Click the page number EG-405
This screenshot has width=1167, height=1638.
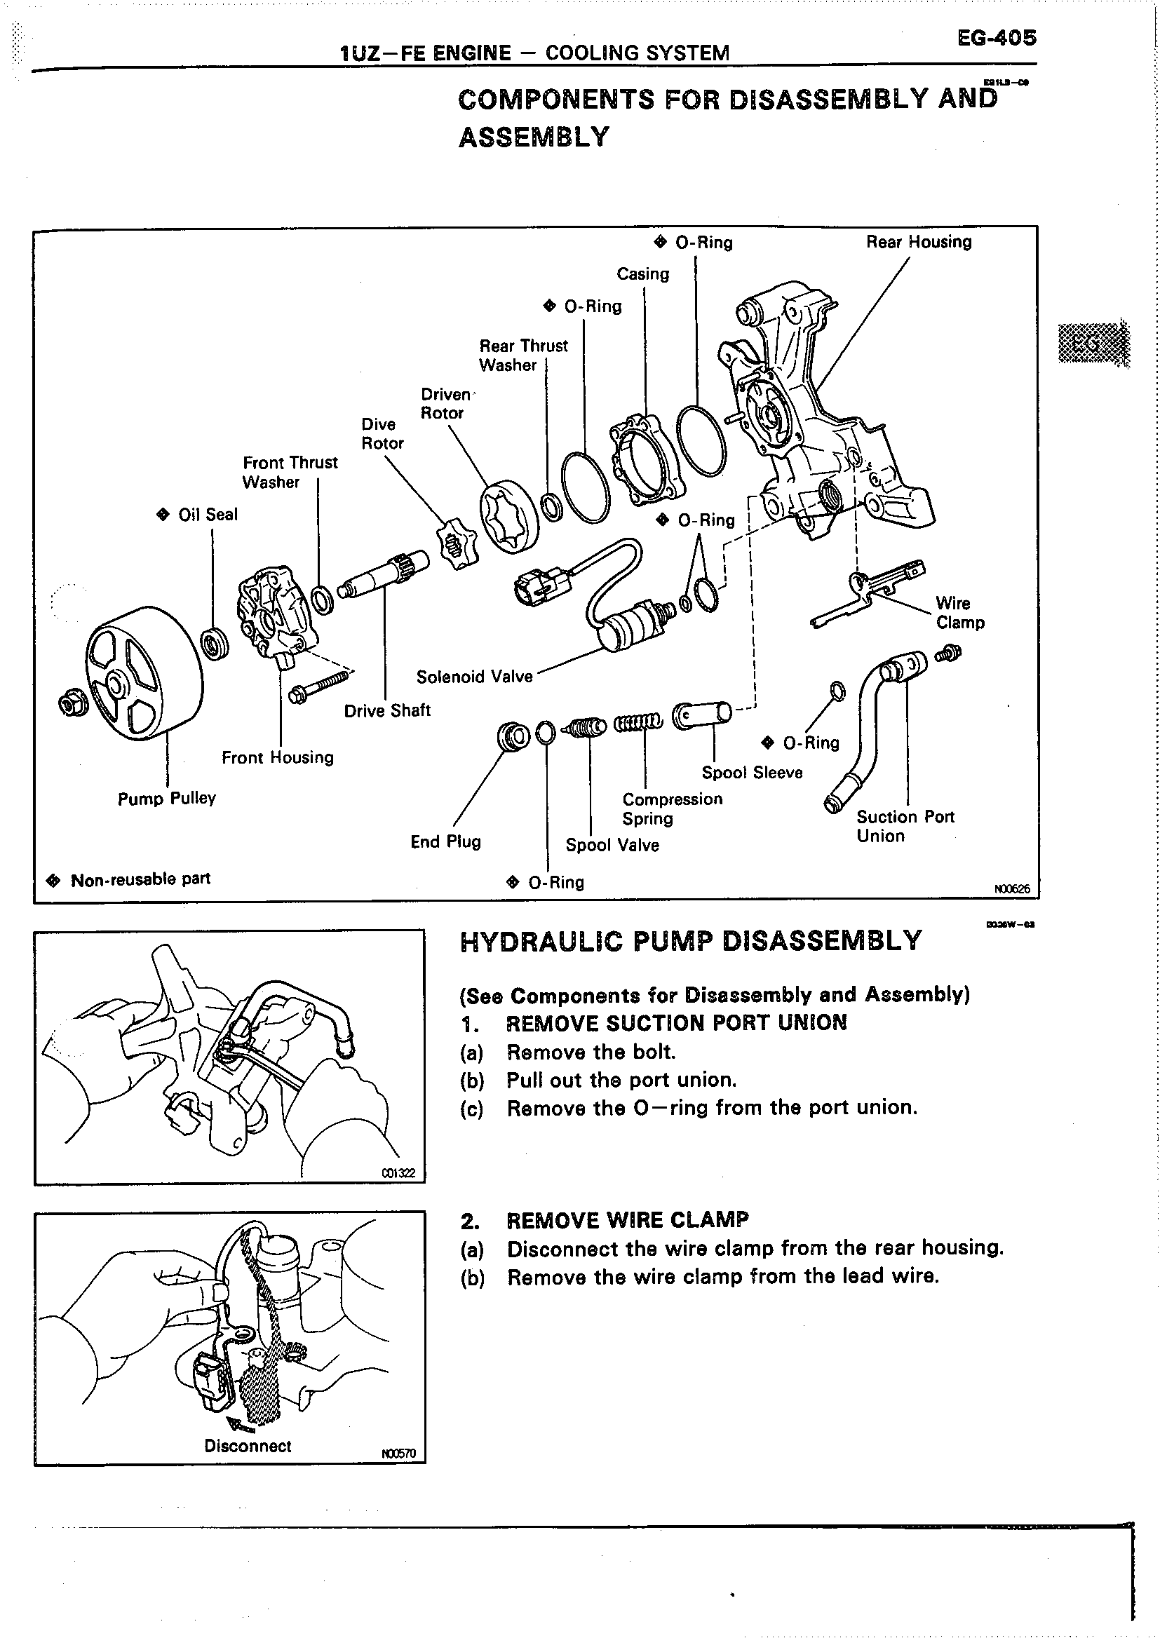point(997,37)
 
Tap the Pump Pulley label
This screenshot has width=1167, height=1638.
point(167,798)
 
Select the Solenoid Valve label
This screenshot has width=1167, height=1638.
point(474,677)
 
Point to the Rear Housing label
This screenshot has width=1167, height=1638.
point(918,242)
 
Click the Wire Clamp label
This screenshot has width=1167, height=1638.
point(959,613)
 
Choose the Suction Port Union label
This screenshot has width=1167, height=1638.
point(905,826)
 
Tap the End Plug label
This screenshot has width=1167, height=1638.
point(445,841)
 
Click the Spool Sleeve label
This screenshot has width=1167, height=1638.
point(752,772)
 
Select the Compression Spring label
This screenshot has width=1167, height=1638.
point(672,809)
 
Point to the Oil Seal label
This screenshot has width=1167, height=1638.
point(207,515)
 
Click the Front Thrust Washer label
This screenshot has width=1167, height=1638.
point(290,472)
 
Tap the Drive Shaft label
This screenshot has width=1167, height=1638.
point(386,710)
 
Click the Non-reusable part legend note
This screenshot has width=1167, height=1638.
point(140,879)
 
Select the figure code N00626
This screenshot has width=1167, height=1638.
point(1012,889)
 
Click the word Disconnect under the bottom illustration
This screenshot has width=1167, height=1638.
point(248,1446)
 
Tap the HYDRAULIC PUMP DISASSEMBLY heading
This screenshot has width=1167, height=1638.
point(690,941)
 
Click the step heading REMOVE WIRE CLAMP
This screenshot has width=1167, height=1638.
point(628,1220)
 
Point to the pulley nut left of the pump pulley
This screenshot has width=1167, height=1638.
point(74,703)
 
